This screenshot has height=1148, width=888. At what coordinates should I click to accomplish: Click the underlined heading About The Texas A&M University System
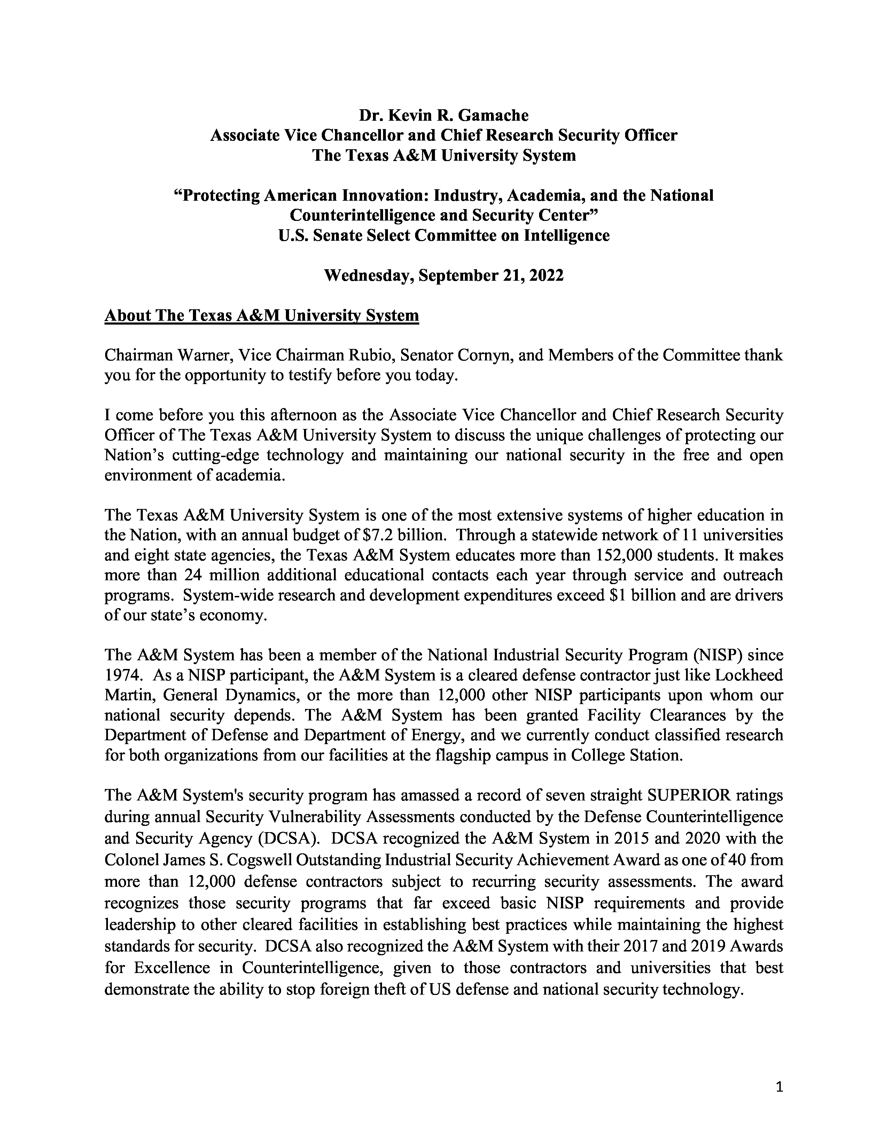262,316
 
